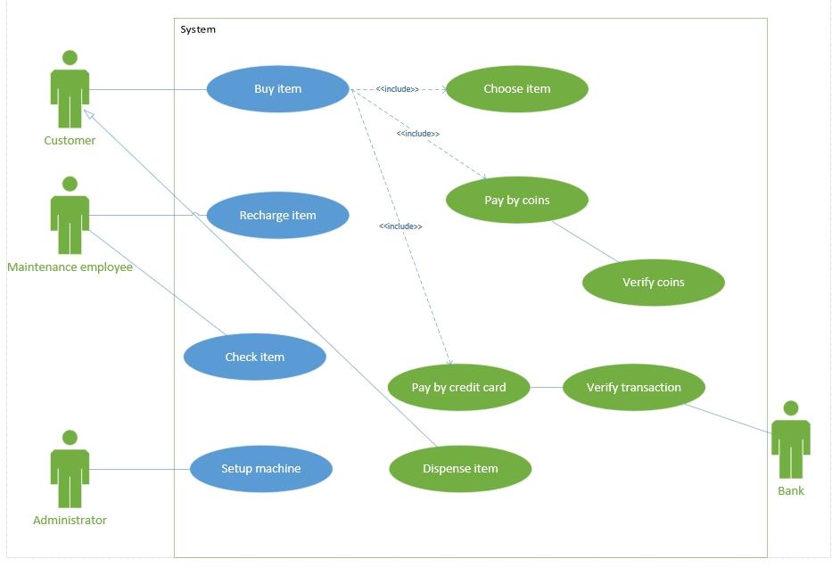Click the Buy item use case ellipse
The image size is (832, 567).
(x=277, y=89)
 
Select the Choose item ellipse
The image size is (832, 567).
(x=516, y=89)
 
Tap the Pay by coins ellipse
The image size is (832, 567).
(x=516, y=201)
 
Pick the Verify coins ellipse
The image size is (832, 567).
(x=653, y=283)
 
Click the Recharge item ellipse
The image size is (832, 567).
(x=277, y=216)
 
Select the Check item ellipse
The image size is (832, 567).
(x=254, y=357)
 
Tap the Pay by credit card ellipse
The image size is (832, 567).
(x=458, y=388)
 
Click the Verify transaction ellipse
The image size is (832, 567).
(x=633, y=388)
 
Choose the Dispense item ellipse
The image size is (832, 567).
(x=460, y=469)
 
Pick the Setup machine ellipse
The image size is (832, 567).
(x=260, y=469)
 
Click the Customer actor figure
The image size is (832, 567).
(x=70, y=89)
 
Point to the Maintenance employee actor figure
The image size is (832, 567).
(x=70, y=216)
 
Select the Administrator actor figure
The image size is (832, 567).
(x=70, y=469)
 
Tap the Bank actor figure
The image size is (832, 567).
(x=790, y=440)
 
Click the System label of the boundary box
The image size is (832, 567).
(x=198, y=29)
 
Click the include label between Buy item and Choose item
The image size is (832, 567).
(x=397, y=89)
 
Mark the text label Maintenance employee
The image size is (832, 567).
(x=70, y=267)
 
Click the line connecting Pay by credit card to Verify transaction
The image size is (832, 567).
(x=546, y=388)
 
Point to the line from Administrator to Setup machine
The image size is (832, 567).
(x=139, y=469)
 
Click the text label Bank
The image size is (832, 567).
(x=790, y=491)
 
